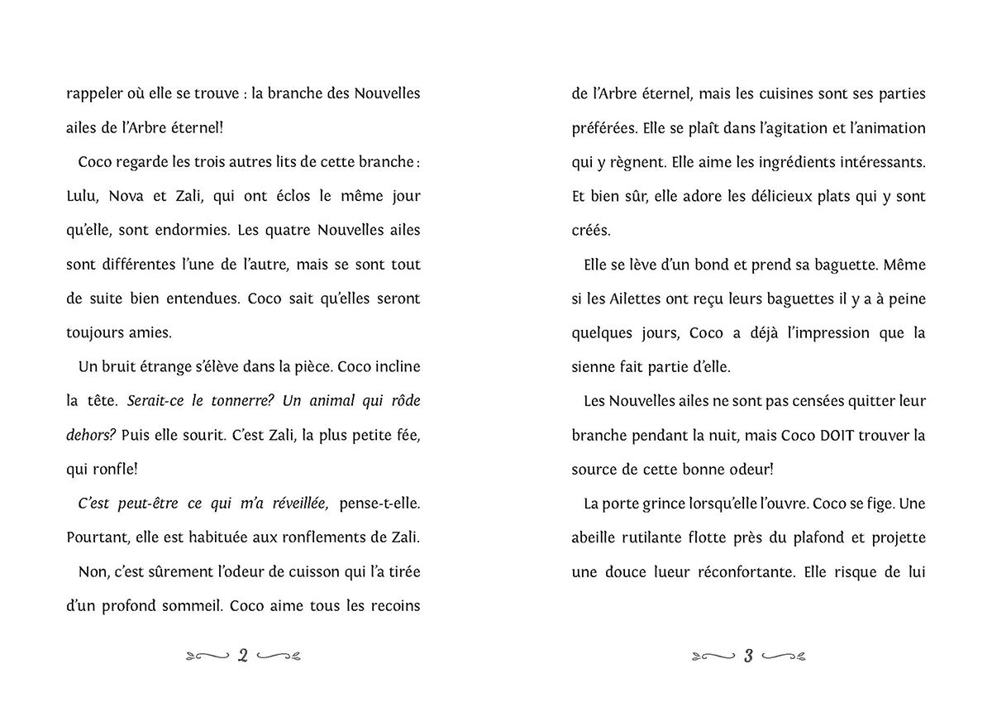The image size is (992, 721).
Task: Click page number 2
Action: point(243,657)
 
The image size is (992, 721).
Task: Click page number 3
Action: point(748,657)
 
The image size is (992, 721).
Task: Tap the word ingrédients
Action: point(777,162)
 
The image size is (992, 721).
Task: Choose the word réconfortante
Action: point(731,571)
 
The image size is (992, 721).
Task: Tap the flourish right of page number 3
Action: point(785,657)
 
